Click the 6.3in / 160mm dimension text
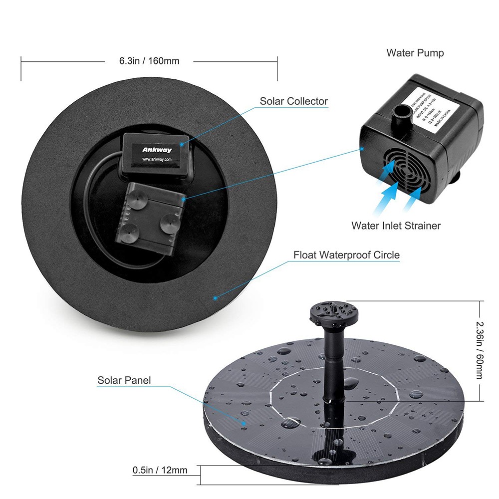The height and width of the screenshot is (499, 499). [x=149, y=61]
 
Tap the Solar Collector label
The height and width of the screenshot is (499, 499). [x=293, y=101]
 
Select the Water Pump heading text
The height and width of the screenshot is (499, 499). [x=415, y=53]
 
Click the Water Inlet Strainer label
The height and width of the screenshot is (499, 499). [x=396, y=226]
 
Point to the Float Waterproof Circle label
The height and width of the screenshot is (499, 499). [x=346, y=255]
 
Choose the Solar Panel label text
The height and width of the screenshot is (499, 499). [x=124, y=380]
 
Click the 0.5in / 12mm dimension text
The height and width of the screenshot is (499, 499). [x=160, y=470]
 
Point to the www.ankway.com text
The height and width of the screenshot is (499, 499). [x=157, y=160]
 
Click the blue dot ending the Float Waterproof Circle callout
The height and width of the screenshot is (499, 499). [x=215, y=298]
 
